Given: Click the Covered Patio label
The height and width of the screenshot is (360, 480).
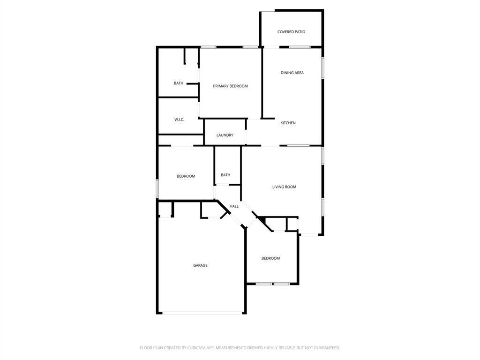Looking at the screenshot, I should point(291,32).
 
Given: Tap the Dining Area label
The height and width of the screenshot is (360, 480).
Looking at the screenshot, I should point(292,73).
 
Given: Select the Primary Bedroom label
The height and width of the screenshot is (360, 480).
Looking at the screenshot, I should point(230,86).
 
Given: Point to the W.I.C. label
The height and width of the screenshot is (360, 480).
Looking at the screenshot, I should point(179,120).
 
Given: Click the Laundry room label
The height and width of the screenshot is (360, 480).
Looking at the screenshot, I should point(225,135).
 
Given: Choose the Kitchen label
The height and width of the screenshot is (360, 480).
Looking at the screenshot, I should point(288,123).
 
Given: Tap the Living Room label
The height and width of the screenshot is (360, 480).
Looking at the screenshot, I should point(284,187).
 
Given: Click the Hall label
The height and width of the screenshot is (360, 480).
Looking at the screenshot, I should point(234,206).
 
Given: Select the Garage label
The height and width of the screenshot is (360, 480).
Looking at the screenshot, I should point(200,265).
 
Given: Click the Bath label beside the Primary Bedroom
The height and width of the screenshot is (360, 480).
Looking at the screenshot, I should point(179,83).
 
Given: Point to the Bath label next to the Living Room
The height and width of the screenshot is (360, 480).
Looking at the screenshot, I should point(225,175).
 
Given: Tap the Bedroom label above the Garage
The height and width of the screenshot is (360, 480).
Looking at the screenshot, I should point(186,176).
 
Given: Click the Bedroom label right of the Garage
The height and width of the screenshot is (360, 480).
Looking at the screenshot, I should point(270,258).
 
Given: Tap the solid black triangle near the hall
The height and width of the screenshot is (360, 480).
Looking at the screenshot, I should point(262,220).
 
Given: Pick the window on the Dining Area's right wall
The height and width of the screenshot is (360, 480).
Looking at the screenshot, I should point(322,67).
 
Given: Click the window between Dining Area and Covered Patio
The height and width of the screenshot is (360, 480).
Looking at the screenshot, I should point(300,47).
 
